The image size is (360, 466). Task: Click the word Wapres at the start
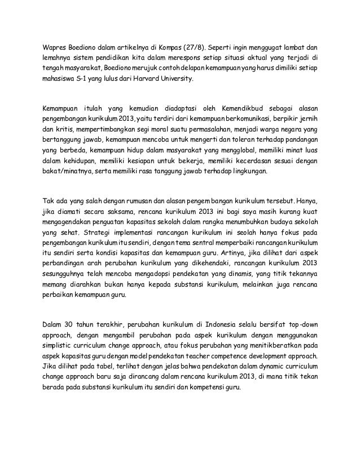(58, 46)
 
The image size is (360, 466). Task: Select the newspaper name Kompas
(172, 46)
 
